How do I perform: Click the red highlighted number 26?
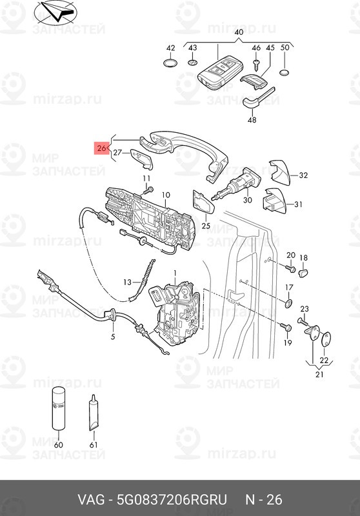(101, 148)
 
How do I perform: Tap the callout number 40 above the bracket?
(239, 32)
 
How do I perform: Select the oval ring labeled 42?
(170, 63)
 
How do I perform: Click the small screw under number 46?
(257, 64)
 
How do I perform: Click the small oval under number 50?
(285, 73)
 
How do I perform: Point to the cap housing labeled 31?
(274, 201)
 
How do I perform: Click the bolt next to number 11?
(148, 190)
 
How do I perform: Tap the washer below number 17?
(288, 303)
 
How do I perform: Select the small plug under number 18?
(303, 273)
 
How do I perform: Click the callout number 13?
(127, 282)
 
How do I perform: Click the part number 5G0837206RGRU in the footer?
(172, 499)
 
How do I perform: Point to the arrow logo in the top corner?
(55, 13)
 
